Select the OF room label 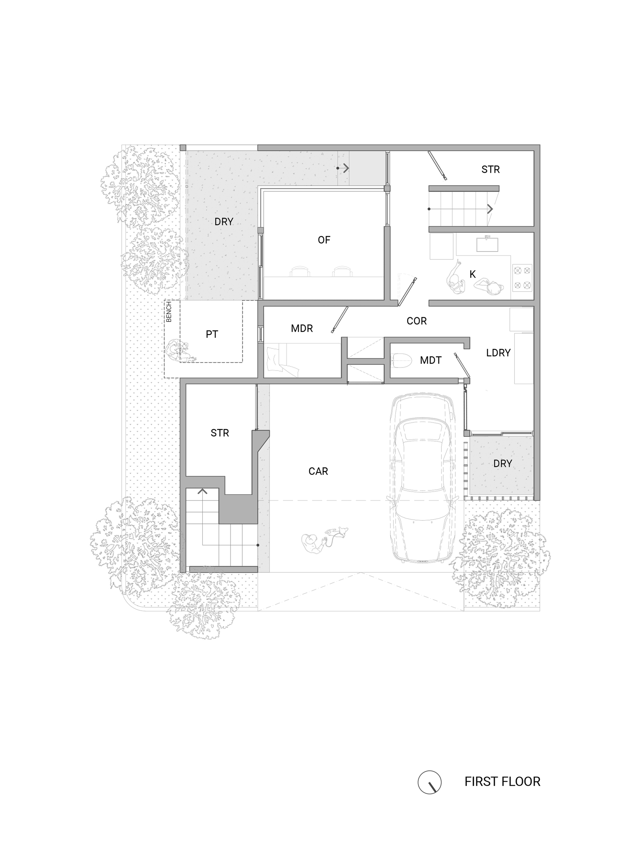point(324,240)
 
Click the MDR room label point(301,329)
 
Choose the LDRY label point(498,353)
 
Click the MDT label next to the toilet point(430,360)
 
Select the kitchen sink point(487,244)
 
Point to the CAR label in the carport point(318,471)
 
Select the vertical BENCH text point(169,312)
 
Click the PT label point(212,334)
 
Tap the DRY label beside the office point(224,222)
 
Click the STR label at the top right point(490,170)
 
